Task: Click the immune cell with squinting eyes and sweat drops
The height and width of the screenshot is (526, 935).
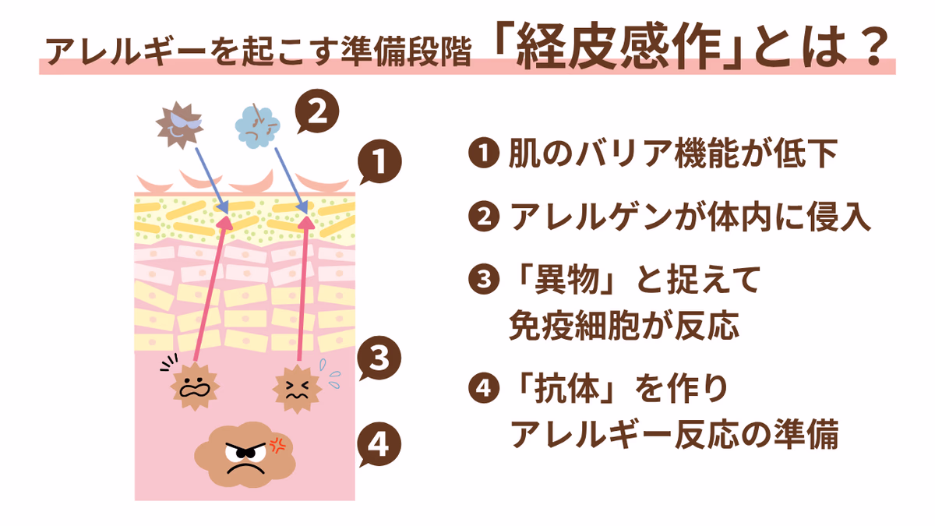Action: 296,387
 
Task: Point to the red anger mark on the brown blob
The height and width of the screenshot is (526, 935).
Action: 277,444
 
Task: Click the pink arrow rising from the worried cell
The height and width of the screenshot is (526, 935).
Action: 206,288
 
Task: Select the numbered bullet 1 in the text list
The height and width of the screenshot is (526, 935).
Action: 484,154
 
